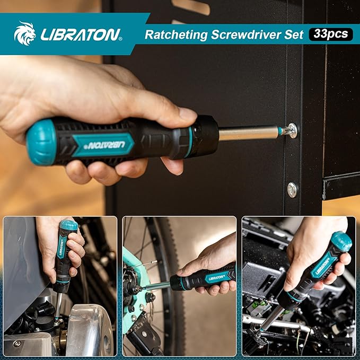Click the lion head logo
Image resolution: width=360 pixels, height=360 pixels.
[x=25, y=33]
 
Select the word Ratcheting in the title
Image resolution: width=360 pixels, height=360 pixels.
[x=176, y=34]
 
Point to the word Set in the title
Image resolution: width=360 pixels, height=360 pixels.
[x=294, y=34]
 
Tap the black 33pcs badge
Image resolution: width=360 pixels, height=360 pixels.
[x=331, y=34]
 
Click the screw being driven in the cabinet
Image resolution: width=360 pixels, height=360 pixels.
[x=292, y=130]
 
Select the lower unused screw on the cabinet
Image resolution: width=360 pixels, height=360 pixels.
[x=292, y=190]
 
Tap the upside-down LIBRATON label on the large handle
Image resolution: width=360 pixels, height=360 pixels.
[x=107, y=145]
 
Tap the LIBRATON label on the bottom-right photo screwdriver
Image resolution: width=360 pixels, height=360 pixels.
[x=323, y=266]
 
